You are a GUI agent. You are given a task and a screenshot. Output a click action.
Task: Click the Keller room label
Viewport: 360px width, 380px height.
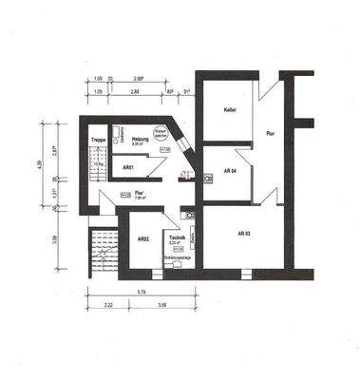[230, 111]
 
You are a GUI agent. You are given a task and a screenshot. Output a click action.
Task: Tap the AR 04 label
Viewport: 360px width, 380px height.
[229, 171]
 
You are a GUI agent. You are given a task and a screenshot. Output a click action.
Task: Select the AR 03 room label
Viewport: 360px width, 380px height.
[243, 233]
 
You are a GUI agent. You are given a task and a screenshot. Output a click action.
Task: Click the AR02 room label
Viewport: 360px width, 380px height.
[142, 238]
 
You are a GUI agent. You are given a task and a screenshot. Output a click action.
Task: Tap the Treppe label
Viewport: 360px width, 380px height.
[98, 142]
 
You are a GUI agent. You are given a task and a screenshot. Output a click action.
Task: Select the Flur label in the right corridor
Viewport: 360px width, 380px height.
[271, 133]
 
